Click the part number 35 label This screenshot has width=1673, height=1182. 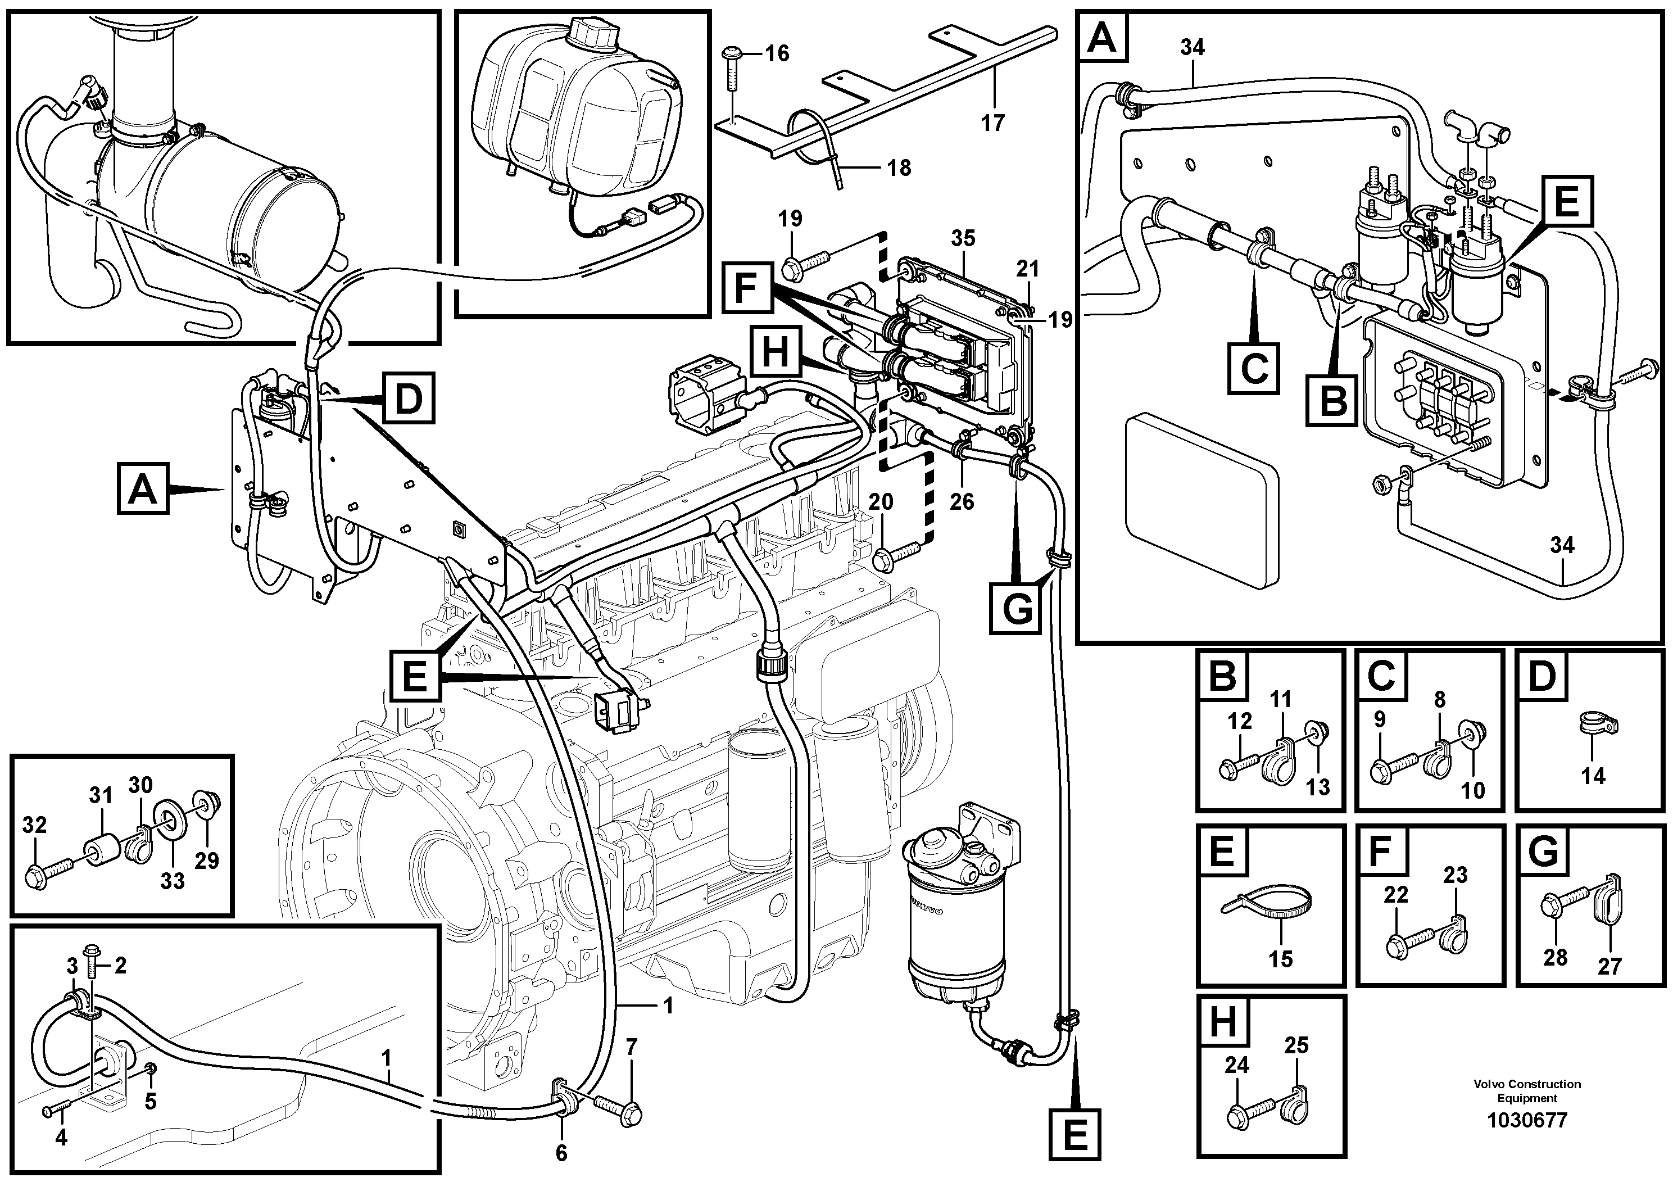963,238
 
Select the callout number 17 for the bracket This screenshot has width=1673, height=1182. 992,123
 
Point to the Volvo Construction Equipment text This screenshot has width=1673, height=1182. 1526,1092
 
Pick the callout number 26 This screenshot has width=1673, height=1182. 962,501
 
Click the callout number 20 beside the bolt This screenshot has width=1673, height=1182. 881,501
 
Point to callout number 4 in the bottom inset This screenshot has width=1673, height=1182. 61,1137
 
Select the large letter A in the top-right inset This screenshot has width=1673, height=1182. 1101,38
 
